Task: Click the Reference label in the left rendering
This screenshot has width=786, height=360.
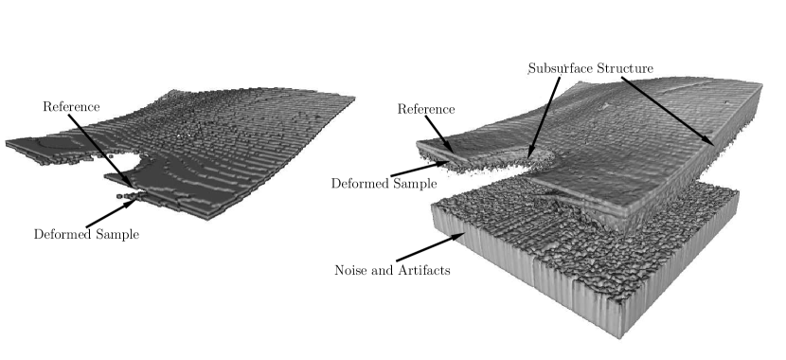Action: [x=71, y=106]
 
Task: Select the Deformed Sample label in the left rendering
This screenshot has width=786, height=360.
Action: [x=86, y=234]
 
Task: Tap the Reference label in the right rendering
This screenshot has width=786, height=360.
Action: [x=425, y=110]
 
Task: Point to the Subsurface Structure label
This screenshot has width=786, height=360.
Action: [x=591, y=68]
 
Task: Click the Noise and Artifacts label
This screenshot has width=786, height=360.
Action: [x=391, y=270]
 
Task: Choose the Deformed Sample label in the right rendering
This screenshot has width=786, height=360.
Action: [x=384, y=182]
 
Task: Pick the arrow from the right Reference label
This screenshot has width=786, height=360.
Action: [x=439, y=134]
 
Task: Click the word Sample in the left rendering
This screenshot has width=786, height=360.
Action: [x=117, y=234]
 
